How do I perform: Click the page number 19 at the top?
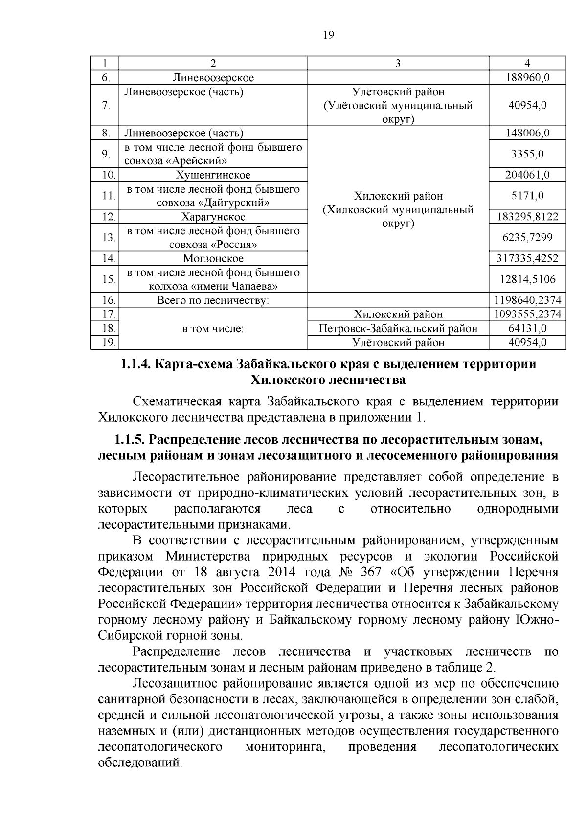pos(329,35)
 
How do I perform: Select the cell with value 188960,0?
pos(527,78)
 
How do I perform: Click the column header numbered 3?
pos(398,64)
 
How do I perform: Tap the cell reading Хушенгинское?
pos(213,175)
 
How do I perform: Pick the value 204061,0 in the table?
pos(527,175)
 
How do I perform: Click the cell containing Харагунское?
pos(213,217)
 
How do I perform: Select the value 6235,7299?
pos(527,238)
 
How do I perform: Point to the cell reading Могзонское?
pos(213,258)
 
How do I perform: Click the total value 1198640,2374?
pos(527,300)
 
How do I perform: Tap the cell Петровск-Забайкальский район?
pos(398,329)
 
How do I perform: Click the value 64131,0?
pos(527,329)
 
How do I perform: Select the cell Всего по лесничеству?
pos(213,300)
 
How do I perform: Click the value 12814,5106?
pos(527,279)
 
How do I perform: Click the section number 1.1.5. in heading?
pos(130,440)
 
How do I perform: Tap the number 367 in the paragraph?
pos(372,572)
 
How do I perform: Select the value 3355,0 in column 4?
pos(527,154)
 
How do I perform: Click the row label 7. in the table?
pos(106,106)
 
